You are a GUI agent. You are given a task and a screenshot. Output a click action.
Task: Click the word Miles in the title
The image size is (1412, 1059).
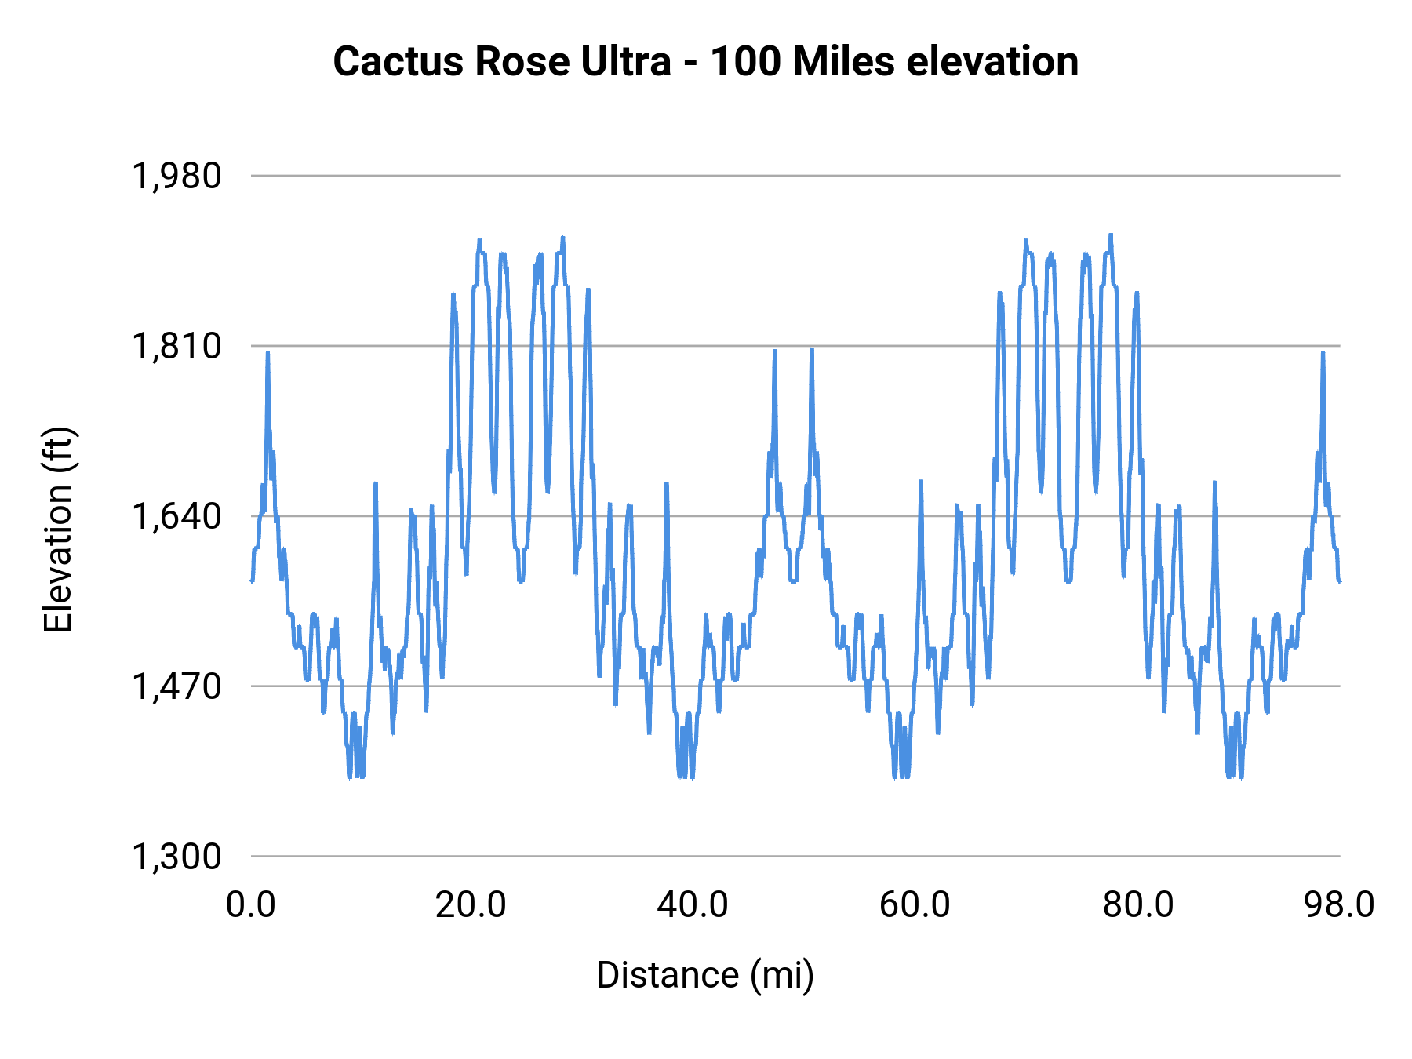click(x=843, y=62)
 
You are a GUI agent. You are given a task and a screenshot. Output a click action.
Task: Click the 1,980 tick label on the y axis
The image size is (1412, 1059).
click(x=176, y=176)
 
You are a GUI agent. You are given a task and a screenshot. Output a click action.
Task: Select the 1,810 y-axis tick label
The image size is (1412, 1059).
click(x=176, y=347)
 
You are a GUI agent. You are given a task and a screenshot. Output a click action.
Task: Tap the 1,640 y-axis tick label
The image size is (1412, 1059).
click(x=176, y=517)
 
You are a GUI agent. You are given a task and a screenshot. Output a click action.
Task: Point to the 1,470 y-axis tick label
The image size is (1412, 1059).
click(x=176, y=687)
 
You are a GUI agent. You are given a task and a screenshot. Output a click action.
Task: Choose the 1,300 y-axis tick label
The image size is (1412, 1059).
click(x=176, y=857)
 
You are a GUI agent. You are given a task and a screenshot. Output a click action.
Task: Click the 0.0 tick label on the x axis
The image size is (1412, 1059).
click(x=251, y=905)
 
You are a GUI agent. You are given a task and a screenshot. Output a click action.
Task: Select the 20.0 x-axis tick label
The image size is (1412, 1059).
click(x=471, y=905)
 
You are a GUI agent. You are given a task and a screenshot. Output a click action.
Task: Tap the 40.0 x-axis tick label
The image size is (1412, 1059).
click(x=693, y=905)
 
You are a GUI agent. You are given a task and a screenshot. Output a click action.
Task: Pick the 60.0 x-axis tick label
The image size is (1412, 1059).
click(x=915, y=905)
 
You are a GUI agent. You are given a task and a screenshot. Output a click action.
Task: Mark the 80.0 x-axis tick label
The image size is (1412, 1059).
click(x=1138, y=905)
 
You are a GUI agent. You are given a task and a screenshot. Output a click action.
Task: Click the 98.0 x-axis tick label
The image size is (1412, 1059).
click(x=1339, y=905)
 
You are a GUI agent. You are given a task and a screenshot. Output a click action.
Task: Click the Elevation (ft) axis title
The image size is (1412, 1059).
click(x=58, y=529)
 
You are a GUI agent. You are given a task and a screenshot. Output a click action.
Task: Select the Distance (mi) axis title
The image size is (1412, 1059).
click(x=705, y=976)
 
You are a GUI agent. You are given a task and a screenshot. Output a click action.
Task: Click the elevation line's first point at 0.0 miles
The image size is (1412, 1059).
click(x=252, y=580)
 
